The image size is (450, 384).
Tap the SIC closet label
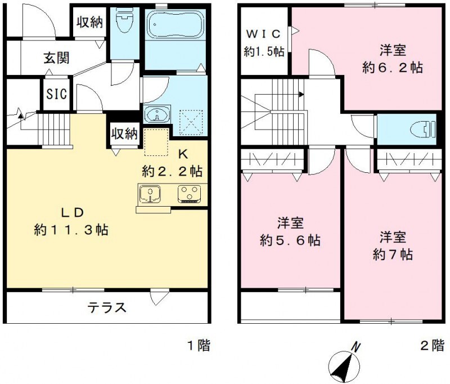tap(56, 93)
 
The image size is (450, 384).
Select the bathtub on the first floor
tap(175, 25)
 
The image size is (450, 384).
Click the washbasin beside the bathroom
tap(155, 115)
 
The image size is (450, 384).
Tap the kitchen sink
tap(150, 194)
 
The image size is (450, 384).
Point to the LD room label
tap(73, 213)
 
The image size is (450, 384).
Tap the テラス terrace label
tap(106, 308)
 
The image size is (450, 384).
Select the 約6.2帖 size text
tap(393, 68)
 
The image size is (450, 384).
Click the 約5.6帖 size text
tap(290, 240)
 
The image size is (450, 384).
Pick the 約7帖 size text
tap(393, 254)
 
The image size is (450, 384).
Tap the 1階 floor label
tap(197, 345)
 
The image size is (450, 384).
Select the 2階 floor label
tap(432, 345)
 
